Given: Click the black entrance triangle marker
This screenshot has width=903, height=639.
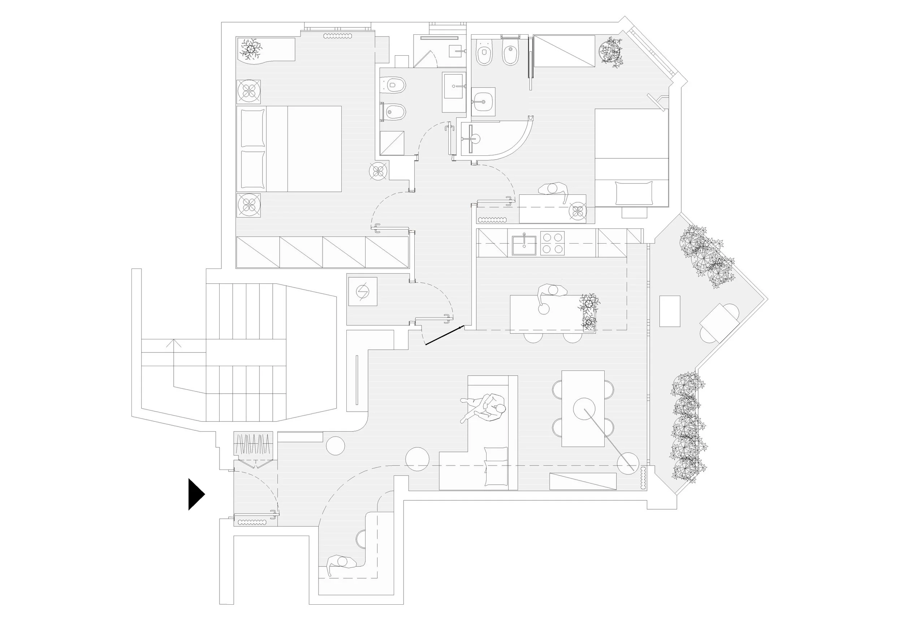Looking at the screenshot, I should (195, 494).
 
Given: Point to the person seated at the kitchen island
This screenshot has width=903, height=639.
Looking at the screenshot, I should (550, 295).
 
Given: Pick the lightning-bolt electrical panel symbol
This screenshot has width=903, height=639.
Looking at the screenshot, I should (362, 292).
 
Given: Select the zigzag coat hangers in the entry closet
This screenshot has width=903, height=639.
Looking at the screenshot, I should (254, 443).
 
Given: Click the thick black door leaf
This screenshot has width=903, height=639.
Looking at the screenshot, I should (444, 335).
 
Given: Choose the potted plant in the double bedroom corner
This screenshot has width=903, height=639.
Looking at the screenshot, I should (251, 49).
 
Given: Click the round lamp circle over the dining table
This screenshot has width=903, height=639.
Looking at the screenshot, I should (584, 409).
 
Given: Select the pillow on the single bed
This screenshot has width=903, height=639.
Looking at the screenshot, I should (634, 193).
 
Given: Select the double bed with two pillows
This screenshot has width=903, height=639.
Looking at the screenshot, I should (289, 149).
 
